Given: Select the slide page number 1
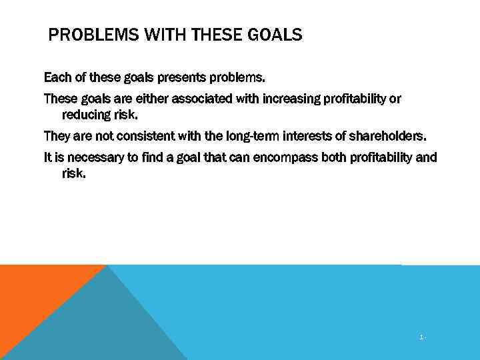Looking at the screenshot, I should (421, 338).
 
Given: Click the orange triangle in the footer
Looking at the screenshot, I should (33, 293).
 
